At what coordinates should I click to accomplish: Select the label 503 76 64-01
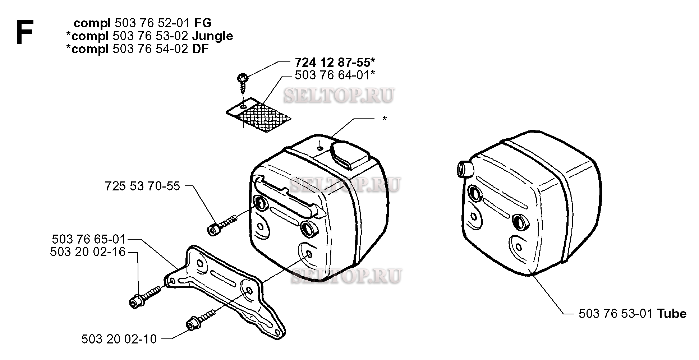[332, 75]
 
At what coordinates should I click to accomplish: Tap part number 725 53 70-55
[142, 186]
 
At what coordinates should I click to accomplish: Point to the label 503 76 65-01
[89, 239]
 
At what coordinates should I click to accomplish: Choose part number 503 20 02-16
[88, 252]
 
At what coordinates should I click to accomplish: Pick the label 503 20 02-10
[119, 339]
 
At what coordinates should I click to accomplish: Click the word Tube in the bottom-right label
[672, 314]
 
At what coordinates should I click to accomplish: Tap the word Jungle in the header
[212, 36]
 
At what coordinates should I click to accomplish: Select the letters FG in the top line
[203, 23]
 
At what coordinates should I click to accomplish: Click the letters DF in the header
[200, 49]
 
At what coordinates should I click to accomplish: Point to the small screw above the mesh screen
[242, 82]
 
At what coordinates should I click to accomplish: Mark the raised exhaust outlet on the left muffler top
[350, 156]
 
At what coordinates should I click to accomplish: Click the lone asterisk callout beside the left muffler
[385, 119]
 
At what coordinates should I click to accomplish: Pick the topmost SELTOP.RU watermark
[339, 95]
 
